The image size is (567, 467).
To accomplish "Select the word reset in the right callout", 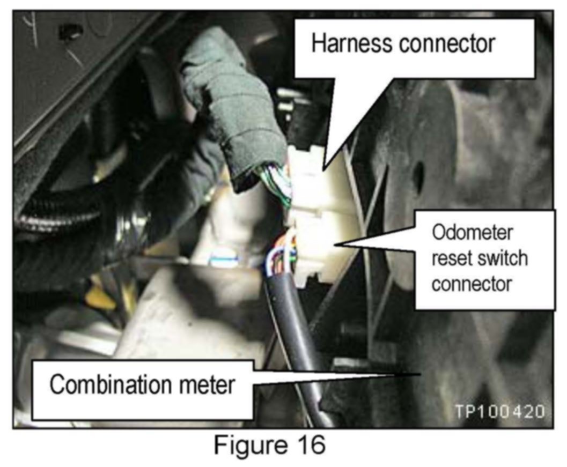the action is click(x=448, y=258).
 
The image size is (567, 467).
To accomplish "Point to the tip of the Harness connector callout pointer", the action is click(x=322, y=171).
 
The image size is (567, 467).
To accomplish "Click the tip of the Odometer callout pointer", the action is click(x=334, y=244).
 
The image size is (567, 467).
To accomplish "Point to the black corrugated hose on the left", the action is click(x=59, y=225).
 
